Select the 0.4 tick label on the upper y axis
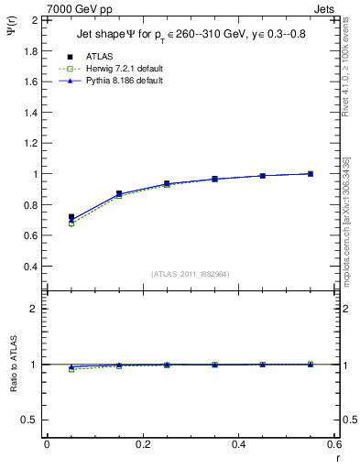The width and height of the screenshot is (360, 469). click(31, 267)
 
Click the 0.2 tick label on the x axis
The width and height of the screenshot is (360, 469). click(142, 444)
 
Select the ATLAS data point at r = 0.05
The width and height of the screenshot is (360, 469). click(71, 217)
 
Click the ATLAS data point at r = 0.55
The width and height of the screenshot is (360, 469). click(311, 173)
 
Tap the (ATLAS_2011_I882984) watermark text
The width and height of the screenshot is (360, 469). click(191, 274)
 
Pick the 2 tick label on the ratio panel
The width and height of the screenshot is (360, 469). click(35, 309)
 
